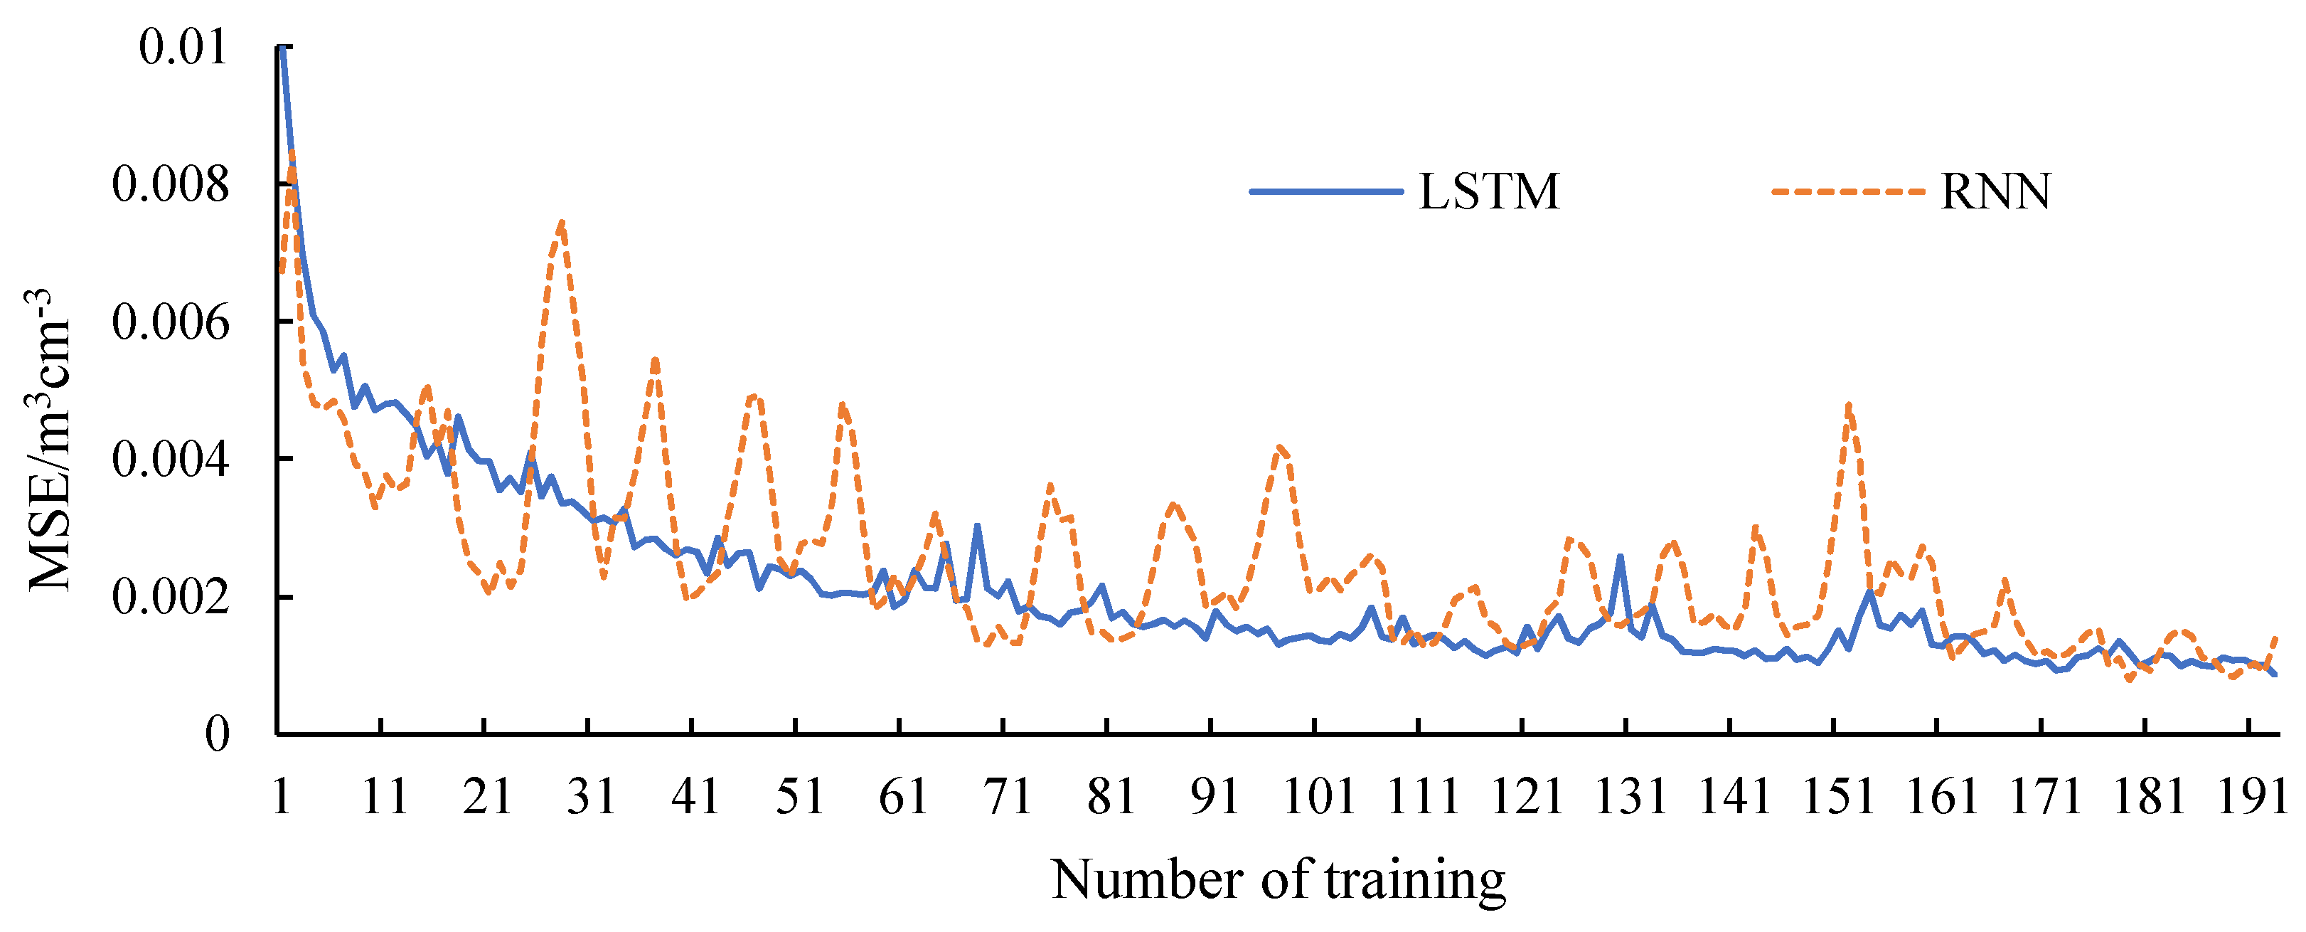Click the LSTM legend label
1490,191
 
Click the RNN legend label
1995,191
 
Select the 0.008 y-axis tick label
170,184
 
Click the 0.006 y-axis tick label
170,322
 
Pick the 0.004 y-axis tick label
170,460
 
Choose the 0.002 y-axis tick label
170,598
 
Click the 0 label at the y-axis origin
218,735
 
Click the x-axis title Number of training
1279,880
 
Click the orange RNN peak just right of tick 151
1849,406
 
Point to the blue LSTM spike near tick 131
1621,557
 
